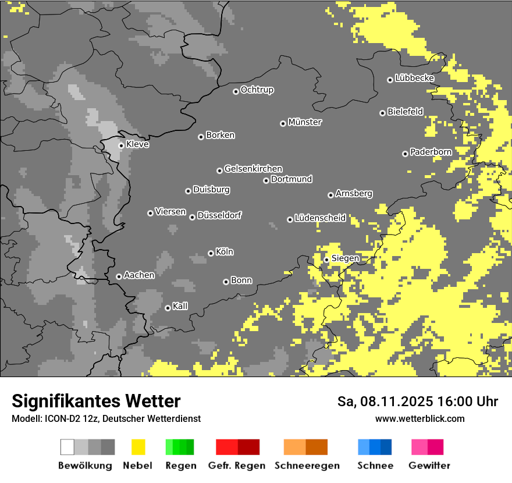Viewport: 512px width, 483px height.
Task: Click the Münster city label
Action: [305, 122]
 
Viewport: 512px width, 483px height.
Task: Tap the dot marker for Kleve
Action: [121, 145]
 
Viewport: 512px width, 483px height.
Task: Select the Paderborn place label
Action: [431, 152]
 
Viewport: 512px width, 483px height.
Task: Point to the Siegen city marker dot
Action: [326, 260]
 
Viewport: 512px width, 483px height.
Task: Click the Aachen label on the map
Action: [139, 275]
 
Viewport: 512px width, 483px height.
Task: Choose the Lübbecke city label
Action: [414, 78]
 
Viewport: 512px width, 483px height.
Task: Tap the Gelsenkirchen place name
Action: [253, 169]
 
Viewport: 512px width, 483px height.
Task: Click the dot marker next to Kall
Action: [168, 308]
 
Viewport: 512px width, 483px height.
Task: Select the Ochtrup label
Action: [257, 90]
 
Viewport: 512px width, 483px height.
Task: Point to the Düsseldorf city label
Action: [219, 215]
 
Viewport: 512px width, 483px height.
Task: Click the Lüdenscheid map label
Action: [320, 218]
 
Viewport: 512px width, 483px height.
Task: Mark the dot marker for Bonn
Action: [226, 282]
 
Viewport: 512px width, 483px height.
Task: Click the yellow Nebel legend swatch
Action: [138, 447]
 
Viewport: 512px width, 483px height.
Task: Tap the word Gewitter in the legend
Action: [429, 466]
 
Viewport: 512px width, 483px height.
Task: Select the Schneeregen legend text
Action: [307, 466]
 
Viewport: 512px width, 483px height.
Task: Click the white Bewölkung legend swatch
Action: [67, 447]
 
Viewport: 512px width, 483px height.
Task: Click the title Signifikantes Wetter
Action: [96, 401]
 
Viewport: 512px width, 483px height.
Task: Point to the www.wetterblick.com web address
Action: [419, 418]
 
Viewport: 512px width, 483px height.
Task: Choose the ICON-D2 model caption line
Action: [106, 418]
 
